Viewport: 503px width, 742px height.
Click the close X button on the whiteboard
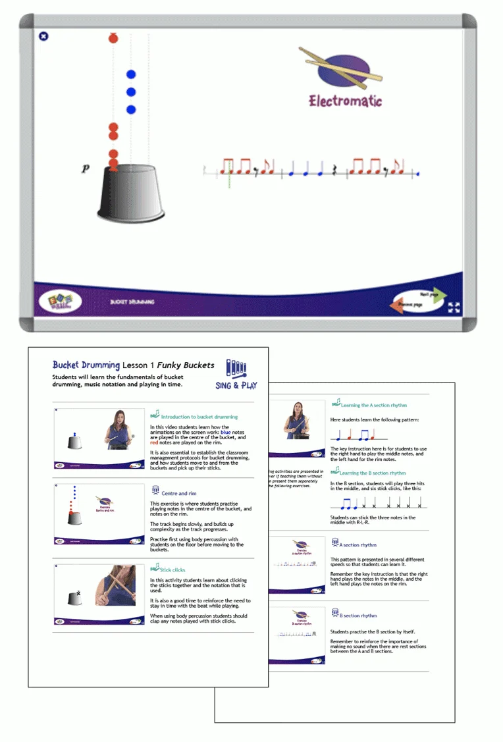(x=43, y=36)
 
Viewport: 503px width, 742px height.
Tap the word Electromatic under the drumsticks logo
(x=345, y=101)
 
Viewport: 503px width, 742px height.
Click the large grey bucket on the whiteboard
(x=130, y=194)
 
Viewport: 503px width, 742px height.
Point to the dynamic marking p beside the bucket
(x=85, y=169)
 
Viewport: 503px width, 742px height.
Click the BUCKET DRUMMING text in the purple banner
(x=132, y=302)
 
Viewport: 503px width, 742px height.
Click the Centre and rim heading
(x=178, y=492)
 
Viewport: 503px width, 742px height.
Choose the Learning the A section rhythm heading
(x=373, y=406)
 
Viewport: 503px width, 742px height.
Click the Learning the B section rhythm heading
(x=373, y=473)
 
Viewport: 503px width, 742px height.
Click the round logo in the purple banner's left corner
(x=60, y=302)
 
